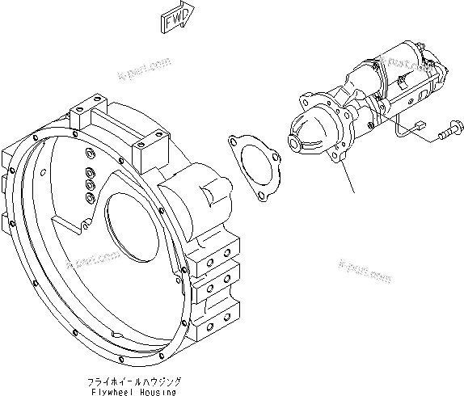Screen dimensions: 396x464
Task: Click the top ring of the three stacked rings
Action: pos(89,172)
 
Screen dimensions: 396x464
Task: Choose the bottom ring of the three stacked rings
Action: pos(89,195)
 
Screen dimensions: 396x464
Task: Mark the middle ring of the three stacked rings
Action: pos(89,183)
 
